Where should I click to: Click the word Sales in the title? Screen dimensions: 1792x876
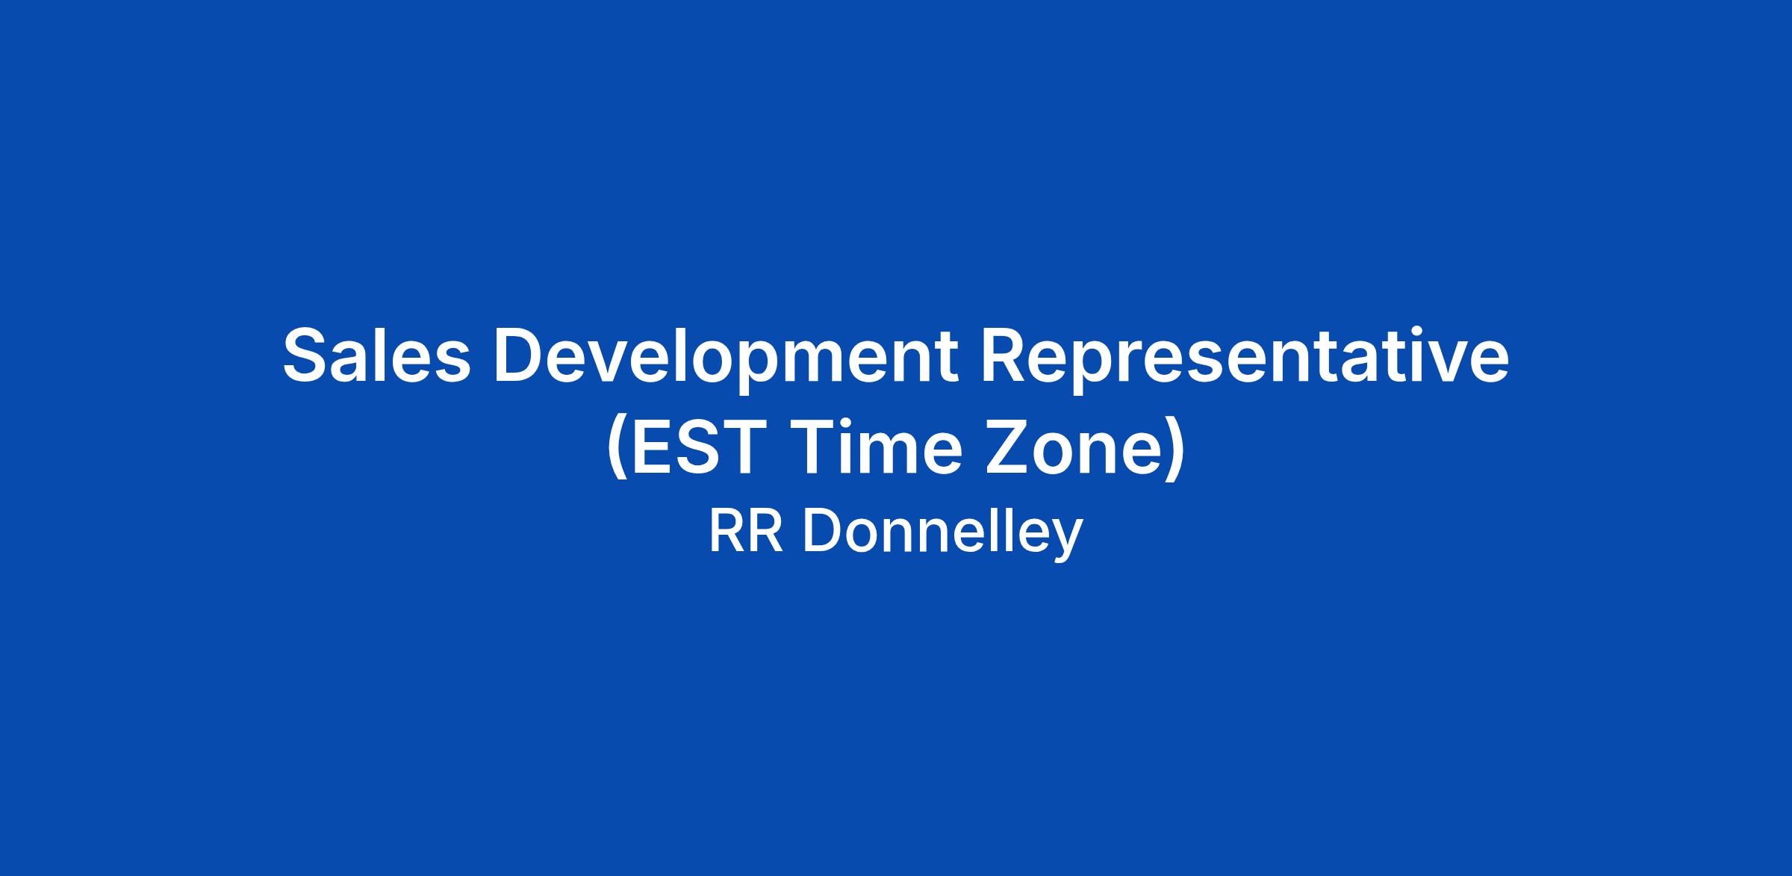377,355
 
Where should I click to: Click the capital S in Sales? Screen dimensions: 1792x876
307,355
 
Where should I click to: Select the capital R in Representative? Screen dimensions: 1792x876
1006,355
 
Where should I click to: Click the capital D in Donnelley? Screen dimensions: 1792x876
822,532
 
